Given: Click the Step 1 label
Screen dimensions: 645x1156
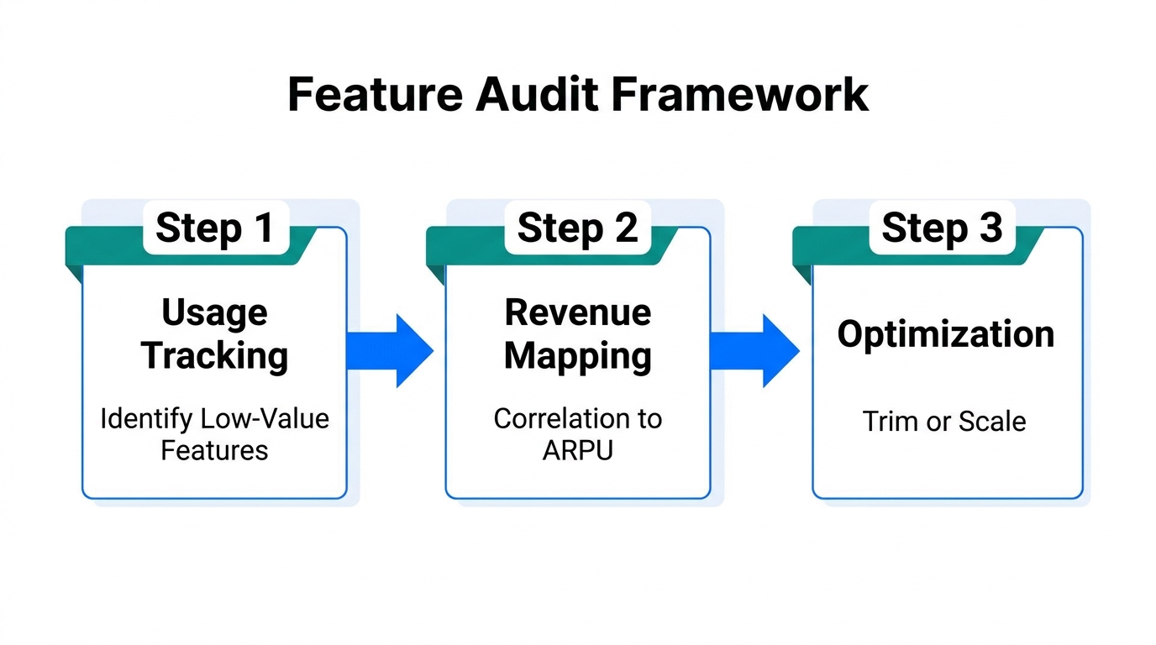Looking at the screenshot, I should click(215, 228).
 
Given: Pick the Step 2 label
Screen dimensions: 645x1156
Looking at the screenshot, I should click(578, 228).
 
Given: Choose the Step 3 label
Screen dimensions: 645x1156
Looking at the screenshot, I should click(942, 228).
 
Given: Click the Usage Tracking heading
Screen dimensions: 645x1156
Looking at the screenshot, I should click(214, 334).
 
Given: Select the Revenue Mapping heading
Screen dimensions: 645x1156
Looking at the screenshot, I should click(578, 334).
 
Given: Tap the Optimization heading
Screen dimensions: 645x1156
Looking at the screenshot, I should click(945, 334).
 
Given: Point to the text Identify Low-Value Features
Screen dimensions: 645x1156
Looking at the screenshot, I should click(214, 433).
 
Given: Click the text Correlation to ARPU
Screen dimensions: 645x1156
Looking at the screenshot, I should click(578, 433).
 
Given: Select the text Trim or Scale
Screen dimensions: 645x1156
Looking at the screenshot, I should click(944, 421).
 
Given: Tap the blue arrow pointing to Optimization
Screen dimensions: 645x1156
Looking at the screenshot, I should click(755, 351).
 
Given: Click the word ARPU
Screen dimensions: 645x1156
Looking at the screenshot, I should click(578, 450).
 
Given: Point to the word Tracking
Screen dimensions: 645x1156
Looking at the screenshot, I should click(214, 355).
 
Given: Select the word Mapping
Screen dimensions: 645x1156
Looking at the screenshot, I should click(578, 356).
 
